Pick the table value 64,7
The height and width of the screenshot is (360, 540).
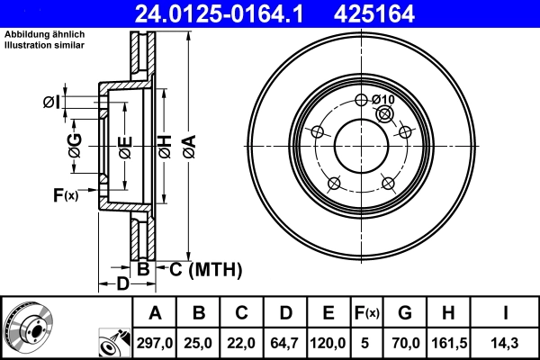(285, 343)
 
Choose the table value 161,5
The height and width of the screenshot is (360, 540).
(449, 343)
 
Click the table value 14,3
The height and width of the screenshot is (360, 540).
(508, 343)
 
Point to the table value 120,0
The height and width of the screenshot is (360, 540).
(328, 343)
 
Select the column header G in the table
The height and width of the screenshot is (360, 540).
(405, 313)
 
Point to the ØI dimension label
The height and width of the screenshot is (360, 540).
(50, 103)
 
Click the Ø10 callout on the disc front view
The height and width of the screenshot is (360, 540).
(383, 99)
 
